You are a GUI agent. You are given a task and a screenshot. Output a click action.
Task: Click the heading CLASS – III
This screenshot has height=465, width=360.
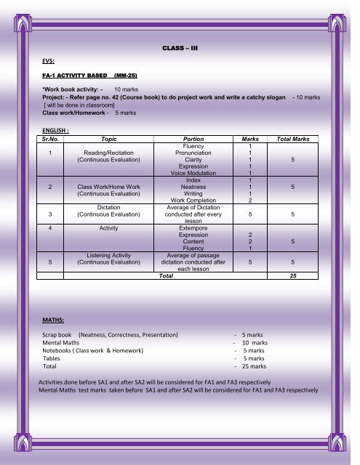179,49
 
